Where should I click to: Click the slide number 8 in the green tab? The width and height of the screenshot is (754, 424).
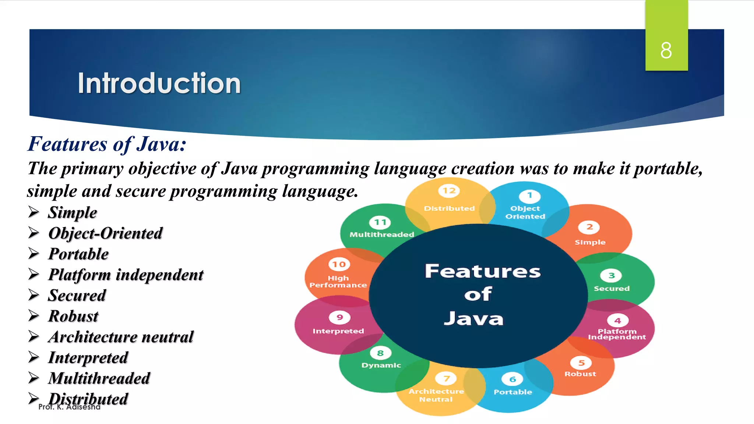(x=666, y=50)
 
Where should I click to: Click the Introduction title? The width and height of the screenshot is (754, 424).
(x=159, y=83)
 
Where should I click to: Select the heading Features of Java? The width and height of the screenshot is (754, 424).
(x=107, y=144)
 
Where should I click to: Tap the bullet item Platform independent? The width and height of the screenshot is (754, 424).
(x=126, y=275)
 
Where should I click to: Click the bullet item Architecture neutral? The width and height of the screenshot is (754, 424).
(x=121, y=337)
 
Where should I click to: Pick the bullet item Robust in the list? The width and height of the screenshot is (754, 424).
(x=73, y=317)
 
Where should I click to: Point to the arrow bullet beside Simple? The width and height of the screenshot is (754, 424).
(x=34, y=212)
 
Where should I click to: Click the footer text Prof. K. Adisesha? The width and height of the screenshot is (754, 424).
(x=69, y=407)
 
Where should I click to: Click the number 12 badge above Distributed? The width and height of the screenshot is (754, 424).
(x=449, y=191)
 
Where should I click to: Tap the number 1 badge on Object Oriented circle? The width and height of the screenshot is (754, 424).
(x=529, y=195)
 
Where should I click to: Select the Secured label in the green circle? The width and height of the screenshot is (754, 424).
(x=612, y=289)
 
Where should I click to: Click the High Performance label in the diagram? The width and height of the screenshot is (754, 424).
(x=338, y=282)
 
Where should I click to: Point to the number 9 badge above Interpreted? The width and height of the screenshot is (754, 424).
(x=339, y=317)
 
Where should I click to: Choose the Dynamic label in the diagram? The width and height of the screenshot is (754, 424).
(x=381, y=365)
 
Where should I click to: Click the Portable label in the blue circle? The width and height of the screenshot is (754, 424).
(x=512, y=392)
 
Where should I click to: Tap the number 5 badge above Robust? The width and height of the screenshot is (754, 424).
(x=581, y=363)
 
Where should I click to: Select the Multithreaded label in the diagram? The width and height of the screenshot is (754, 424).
(x=381, y=234)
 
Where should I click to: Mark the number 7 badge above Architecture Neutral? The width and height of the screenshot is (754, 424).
(x=446, y=378)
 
